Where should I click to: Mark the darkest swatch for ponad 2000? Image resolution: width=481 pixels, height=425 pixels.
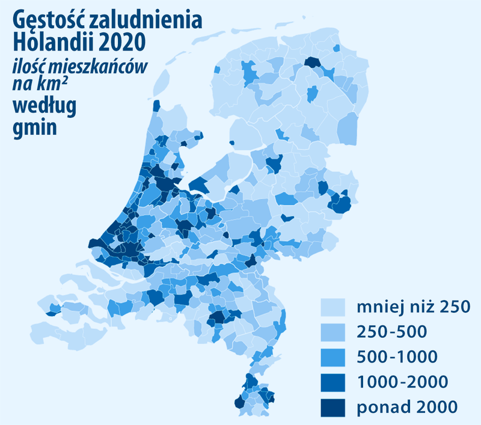(332, 407)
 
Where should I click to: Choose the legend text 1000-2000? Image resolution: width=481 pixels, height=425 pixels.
(402, 382)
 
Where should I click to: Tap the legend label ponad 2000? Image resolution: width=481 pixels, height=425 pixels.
(407, 406)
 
